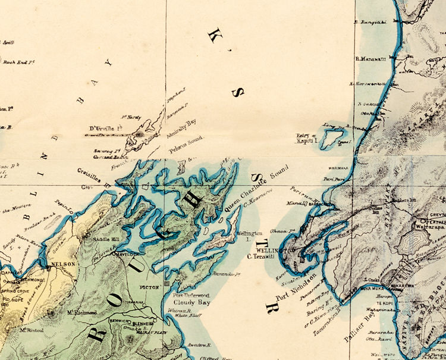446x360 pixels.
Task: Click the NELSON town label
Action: pyautogui.click(x=64, y=264)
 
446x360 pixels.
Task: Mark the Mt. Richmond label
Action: pyautogui.click(x=82, y=312)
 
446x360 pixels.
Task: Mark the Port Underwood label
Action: pyautogui.click(x=190, y=295)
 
